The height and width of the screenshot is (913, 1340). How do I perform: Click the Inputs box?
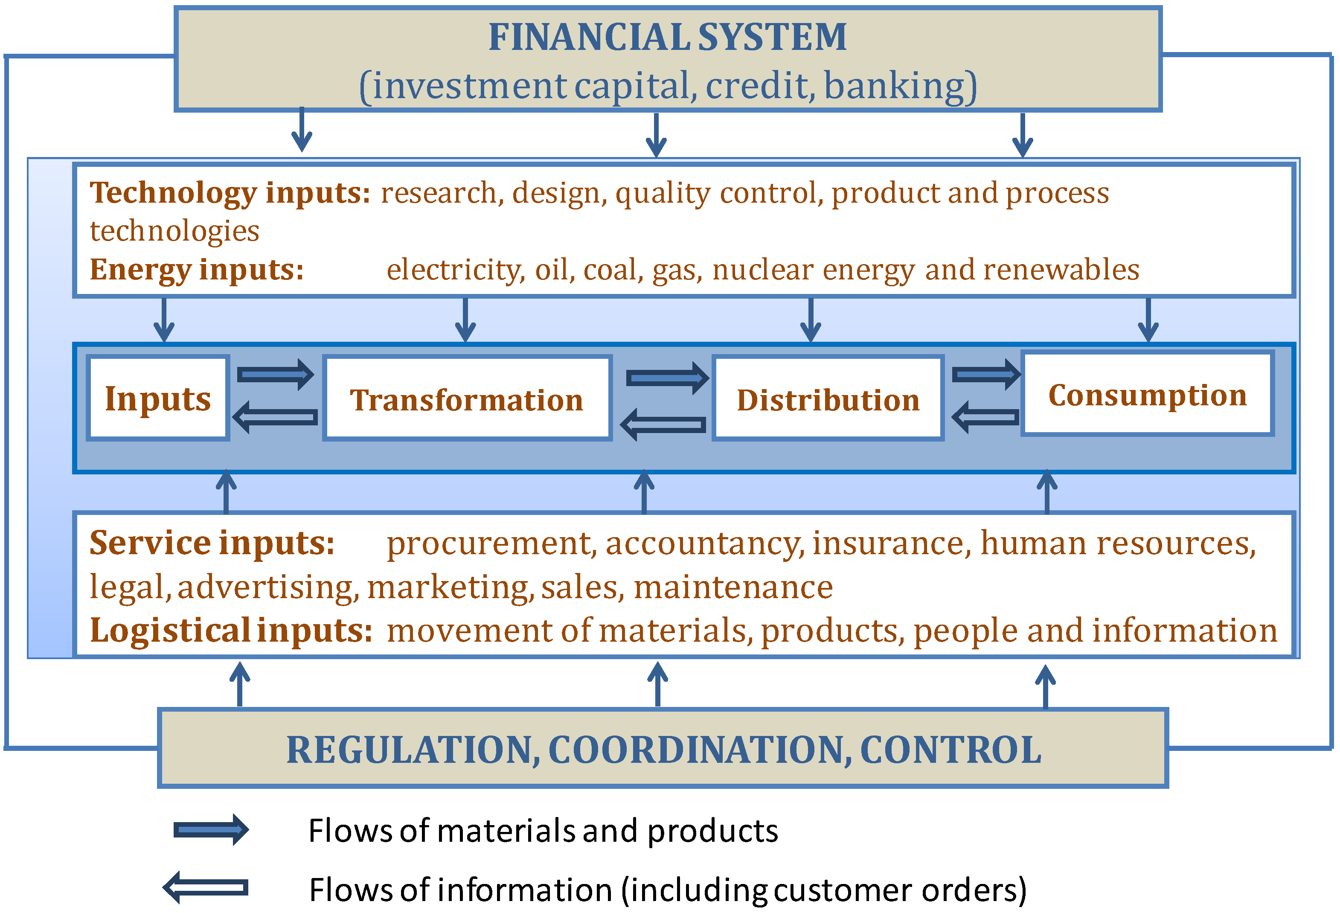pos(158,398)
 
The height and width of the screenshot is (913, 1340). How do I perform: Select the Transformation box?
pos(467,399)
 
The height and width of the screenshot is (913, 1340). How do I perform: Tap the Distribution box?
pos(828,399)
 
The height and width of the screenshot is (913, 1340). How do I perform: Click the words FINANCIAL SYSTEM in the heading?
pos(668,37)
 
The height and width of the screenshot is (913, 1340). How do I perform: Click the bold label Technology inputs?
pos(230,193)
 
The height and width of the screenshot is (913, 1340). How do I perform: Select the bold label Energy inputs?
pos(197,269)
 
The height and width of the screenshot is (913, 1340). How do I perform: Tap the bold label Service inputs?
pos(212,543)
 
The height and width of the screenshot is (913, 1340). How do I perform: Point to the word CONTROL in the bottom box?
pos(951,750)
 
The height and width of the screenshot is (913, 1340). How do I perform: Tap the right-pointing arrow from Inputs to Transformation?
pos(276,375)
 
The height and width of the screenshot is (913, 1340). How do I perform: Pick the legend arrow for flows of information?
pos(206,887)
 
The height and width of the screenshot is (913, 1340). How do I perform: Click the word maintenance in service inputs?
pos(733,587)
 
